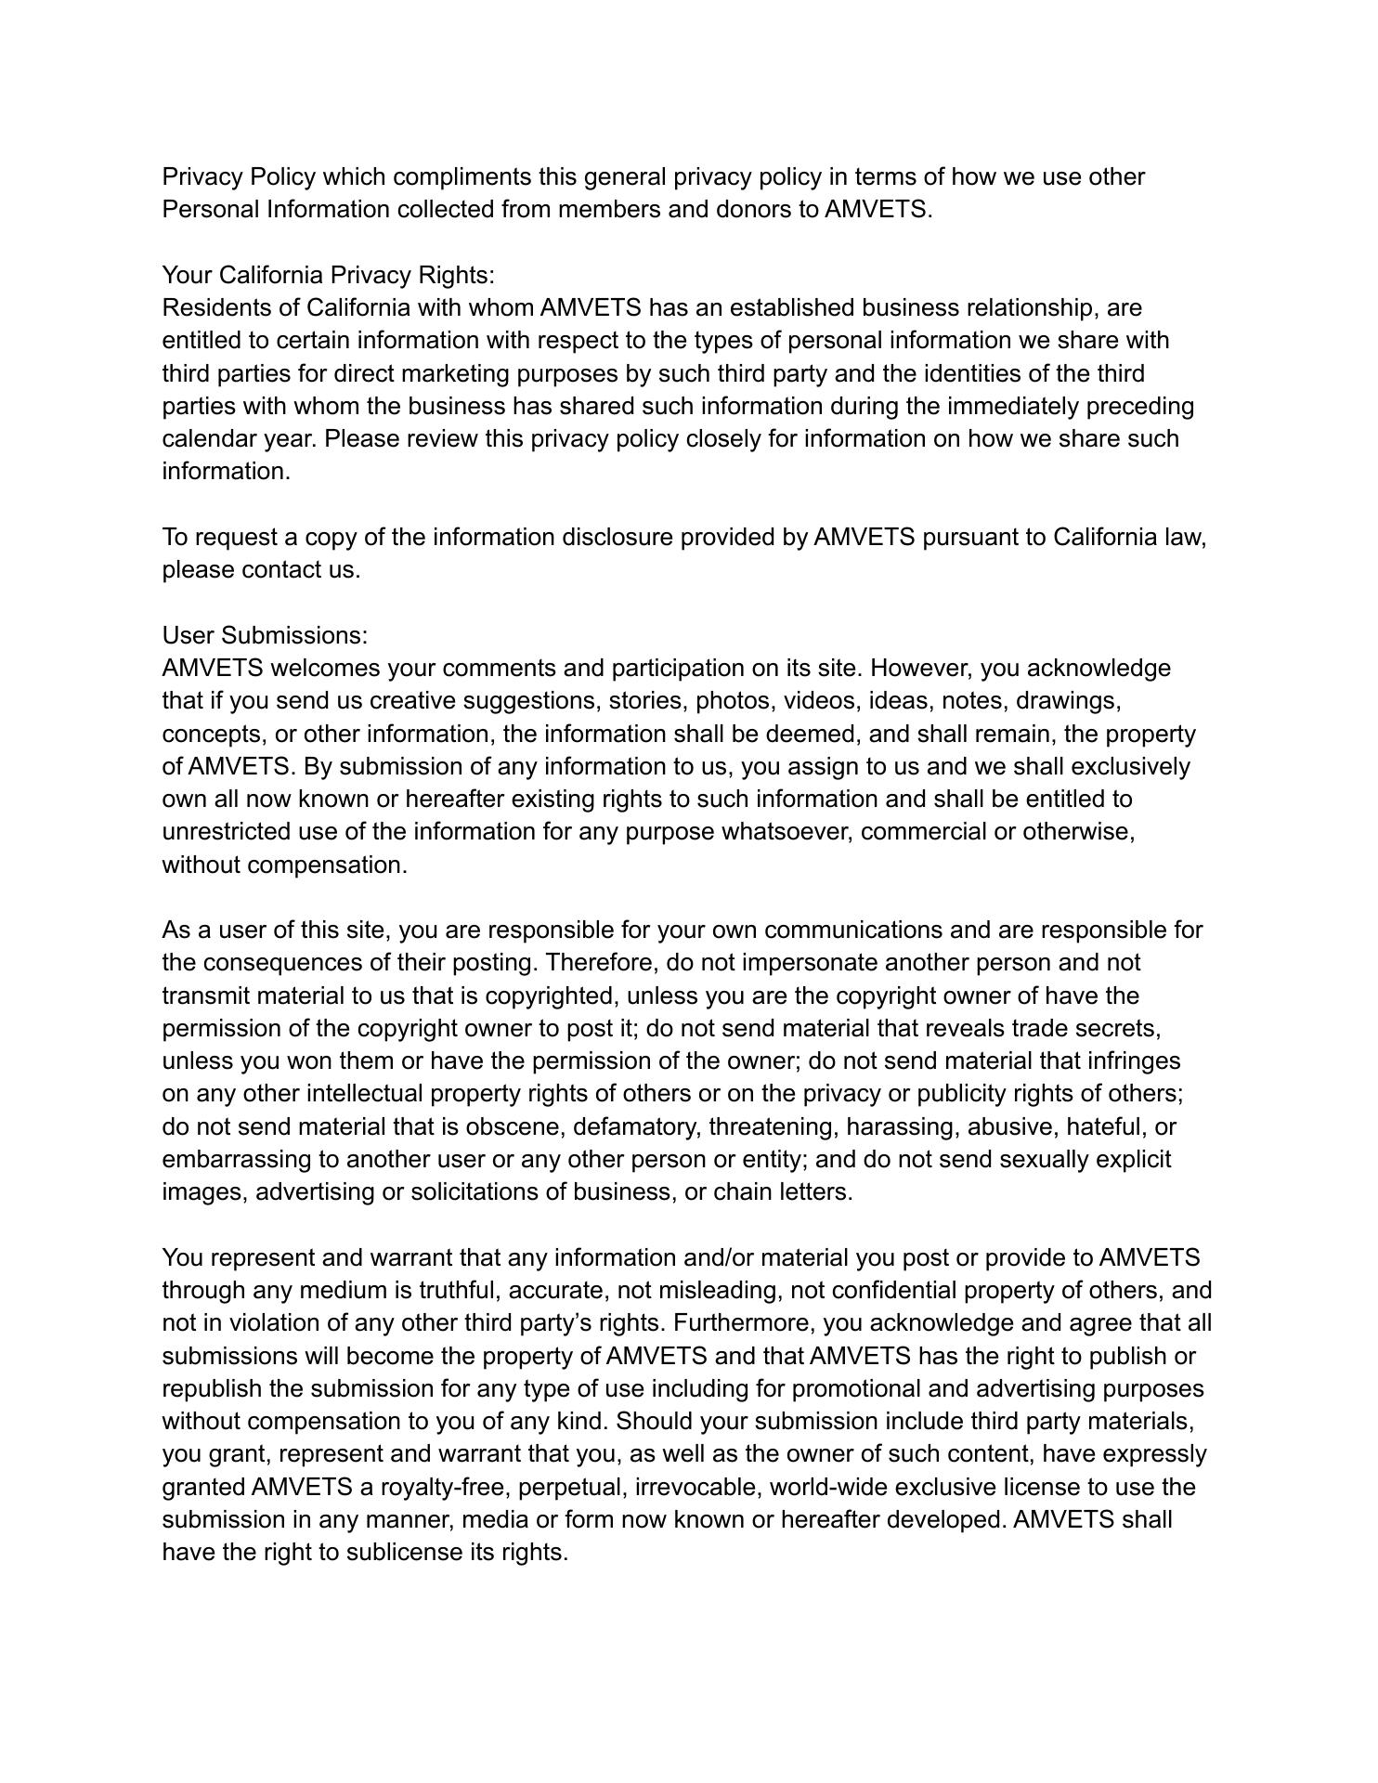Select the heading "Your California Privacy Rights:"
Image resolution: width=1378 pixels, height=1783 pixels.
[329, 275]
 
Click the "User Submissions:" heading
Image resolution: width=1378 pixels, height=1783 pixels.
[265, 635]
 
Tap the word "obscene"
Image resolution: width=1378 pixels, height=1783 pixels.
[514, 1126]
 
